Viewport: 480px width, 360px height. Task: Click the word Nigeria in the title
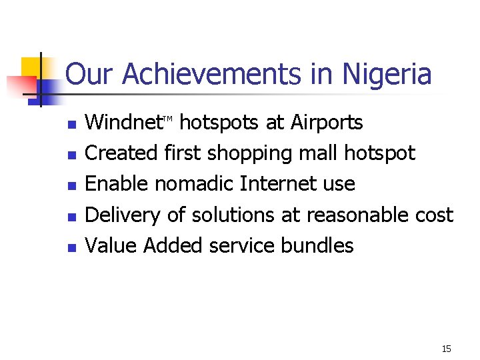click(x=387, y=75)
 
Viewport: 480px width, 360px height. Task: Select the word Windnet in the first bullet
click(x=125, y=123)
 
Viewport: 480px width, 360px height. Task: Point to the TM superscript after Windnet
click(x=169, y=119)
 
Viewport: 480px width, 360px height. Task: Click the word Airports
click(x=327, y=123)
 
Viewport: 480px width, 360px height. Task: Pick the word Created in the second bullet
click(x=123, y=153)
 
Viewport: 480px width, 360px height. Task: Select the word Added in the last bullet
click(x=173, y=245)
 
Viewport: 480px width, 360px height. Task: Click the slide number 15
click(x=446, y=349)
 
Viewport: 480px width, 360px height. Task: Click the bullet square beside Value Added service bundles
click(x=73, y=247)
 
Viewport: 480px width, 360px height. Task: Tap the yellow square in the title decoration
click(x=31, y=67)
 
